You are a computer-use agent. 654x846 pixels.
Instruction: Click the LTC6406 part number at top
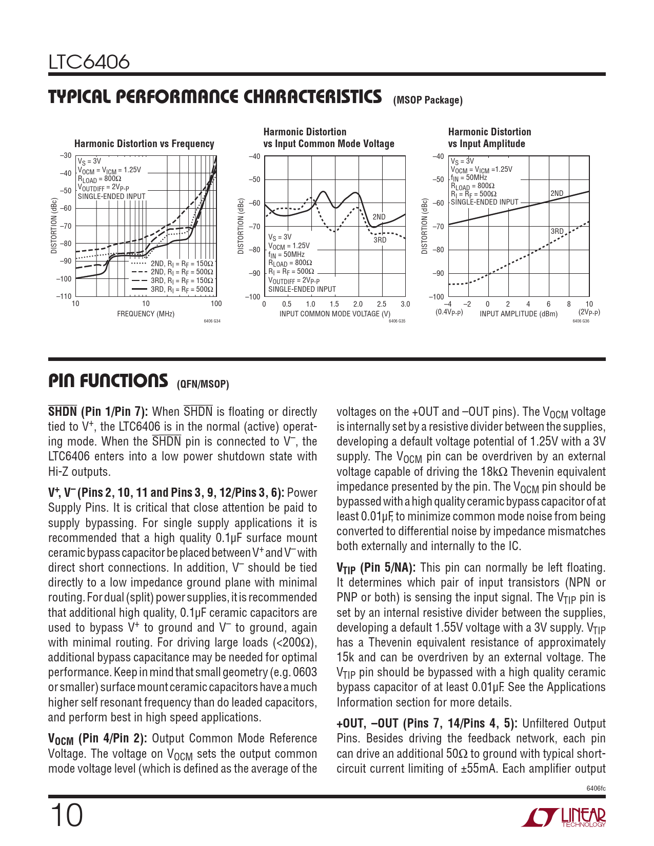click(x=89, y=62)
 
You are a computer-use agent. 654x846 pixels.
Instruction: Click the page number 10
click(x=66, y=816)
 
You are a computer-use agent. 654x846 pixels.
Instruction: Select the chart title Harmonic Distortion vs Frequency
click(x=144, y=144)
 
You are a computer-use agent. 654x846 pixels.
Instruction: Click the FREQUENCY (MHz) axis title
click(x=146, y=314)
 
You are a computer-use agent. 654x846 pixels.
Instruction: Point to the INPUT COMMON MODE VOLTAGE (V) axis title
click(x=334, y=314)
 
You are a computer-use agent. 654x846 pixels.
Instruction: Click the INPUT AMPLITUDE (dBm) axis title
click(x=518, y=314)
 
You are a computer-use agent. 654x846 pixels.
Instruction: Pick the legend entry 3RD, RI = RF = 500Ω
click(x=182, y=289)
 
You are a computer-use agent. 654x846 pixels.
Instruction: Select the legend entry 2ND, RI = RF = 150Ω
click(x=182, y=264)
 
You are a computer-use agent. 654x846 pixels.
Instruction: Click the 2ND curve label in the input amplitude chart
click(x=557, y=194)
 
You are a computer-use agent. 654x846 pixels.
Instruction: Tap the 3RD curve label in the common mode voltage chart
click(x=380, y=240)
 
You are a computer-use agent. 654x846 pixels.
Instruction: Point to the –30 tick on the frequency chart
click(x=65, y=155)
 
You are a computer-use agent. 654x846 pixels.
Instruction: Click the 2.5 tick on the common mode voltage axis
click(x=382, y=304)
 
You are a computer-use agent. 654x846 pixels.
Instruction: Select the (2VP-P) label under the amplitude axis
click(x=589, y=312)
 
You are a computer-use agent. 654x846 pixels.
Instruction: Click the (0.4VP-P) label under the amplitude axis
click(x=449, y=312)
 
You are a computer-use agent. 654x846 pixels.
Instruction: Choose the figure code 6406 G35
click(x=397, y=321)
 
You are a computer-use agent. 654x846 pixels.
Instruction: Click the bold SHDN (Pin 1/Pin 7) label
click(x=98, y=412)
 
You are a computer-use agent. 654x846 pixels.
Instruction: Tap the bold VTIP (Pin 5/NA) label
click(x=375, y=568)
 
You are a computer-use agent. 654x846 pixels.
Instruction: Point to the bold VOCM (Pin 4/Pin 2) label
click(x=97, y=739)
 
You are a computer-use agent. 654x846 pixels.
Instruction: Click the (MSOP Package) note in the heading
click(x=428, y=100)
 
